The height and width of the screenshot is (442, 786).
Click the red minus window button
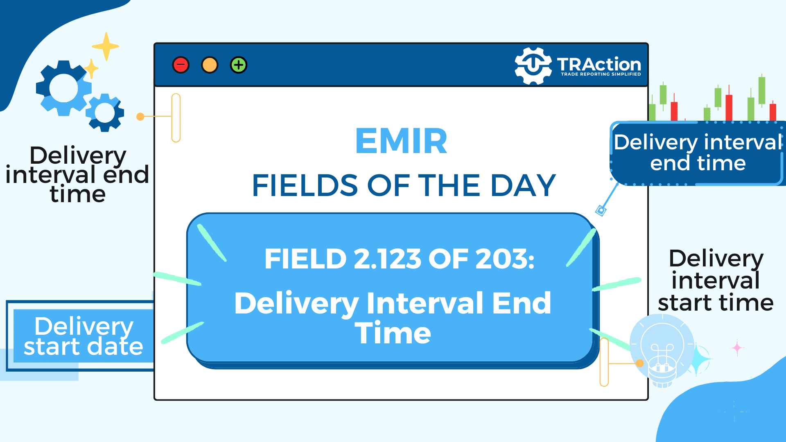click(181, 65)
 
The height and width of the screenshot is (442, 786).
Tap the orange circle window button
click(210, 65)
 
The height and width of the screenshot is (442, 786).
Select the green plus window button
click(239, 65)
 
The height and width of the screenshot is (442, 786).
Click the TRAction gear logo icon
click(533, 66)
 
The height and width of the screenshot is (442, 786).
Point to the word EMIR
click(401, 141)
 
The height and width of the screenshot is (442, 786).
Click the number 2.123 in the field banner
click(387, 259)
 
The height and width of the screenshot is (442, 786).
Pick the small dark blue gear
click(105, 113)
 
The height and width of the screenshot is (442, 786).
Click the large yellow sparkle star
click(106, 47)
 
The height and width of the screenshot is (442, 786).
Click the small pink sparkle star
click(737, 348)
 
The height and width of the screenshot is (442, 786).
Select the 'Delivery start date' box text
click(84, 336)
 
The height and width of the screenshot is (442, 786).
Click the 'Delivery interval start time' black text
click(716, 281)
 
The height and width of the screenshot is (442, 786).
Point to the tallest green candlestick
click(762, 90)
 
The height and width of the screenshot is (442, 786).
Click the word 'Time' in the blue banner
click(393, 333)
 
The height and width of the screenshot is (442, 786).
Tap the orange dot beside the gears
click(140, 117)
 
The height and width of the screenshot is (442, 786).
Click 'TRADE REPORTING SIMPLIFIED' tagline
click(601, 74)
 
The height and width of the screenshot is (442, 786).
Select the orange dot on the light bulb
click(640, 363)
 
